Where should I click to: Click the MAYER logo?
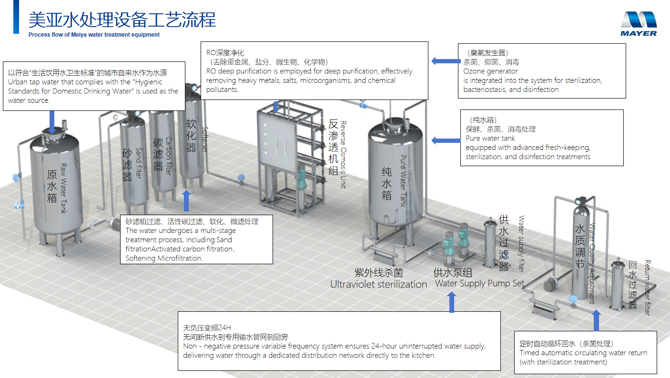point(639,24)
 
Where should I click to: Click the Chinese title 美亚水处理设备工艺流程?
point(122,20)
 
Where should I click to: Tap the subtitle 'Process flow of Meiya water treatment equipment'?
point(94,35)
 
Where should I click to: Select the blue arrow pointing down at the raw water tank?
point(52,122)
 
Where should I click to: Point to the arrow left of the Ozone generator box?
point(446,61)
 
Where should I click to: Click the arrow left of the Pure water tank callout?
point(446,140)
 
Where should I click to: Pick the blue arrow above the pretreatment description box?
point(186,200)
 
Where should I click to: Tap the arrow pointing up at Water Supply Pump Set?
point(452,302)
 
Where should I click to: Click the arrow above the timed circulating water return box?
point(596,320)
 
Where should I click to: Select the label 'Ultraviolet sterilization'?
point(379,284)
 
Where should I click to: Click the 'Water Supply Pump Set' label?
point(479,283)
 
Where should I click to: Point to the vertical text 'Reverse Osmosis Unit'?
point(343,155)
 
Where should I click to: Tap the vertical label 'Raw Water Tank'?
point(63,189)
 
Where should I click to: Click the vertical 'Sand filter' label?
point(139,163)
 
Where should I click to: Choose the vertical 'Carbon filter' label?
point(169,156)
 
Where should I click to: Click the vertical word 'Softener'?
point(205,139)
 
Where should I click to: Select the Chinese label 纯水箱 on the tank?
point(387,183)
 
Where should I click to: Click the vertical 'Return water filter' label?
point(647,288)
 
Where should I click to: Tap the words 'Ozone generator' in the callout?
point(490,71)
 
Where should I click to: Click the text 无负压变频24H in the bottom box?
point(207,328)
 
